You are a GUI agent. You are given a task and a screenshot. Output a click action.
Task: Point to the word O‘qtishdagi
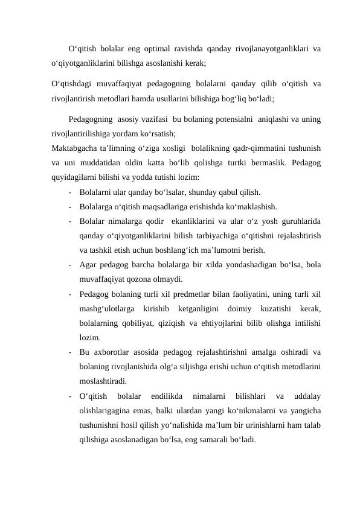point(71,83)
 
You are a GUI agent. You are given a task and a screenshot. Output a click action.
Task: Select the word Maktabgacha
point(75,147)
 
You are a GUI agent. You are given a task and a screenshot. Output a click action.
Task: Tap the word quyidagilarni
point(74,177)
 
